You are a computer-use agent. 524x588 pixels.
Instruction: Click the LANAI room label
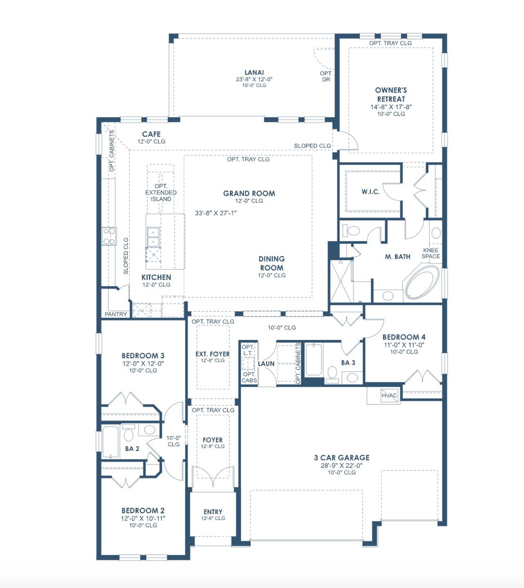point(254,73)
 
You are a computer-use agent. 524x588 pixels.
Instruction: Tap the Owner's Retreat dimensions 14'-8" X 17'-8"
point(391,107)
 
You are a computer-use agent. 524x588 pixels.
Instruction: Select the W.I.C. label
point(370,192)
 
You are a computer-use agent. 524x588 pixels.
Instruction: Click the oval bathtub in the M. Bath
point(422,283)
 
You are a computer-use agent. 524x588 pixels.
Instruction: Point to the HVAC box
point(389,395)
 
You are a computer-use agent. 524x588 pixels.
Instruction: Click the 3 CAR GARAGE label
point(341,457)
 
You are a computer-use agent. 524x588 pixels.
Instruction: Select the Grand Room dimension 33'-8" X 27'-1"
point(216,213)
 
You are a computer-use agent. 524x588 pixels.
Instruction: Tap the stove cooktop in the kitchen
point(109,236)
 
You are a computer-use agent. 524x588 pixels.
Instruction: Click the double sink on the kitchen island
point(153,237)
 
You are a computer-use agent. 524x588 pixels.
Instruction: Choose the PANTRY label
point(115,314)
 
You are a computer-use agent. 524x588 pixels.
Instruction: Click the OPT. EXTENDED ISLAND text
point(161,193)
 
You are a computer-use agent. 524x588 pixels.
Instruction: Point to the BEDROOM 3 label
point(143,356)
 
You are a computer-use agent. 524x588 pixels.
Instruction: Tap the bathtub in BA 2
point(110,442)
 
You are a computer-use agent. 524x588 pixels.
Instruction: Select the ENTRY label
point(213,512)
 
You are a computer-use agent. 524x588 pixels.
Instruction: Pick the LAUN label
point(266,363)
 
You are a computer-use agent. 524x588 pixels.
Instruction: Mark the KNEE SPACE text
point(431,253)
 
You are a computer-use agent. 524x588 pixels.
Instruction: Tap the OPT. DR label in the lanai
point(326,76)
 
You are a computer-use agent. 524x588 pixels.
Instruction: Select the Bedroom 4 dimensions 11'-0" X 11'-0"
point(404,345)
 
